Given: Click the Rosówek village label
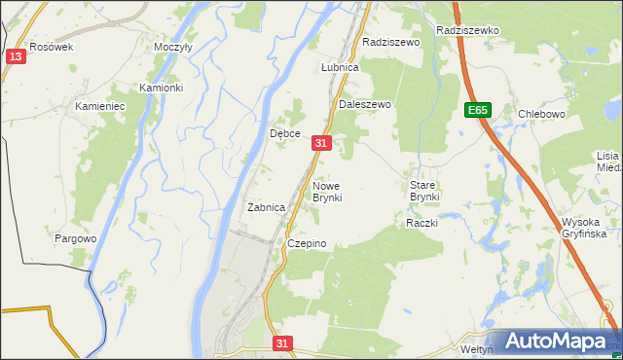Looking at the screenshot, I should pos(52,47).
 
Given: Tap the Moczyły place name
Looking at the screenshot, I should pos(173,47).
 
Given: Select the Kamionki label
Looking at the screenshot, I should pos(161,88).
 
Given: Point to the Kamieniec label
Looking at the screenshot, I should pos(101,104).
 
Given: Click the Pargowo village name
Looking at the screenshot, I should pos(75,238).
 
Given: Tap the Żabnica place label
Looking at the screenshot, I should pos(266,207).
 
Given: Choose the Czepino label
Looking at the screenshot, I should pos(306,243).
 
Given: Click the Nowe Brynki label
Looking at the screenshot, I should pos(327,191).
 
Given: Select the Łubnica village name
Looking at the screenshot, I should pos(340,68).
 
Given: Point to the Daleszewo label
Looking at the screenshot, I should pos(364,104).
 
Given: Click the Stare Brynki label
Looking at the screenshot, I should pos(424,191).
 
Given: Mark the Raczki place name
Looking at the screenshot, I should pos(421,223).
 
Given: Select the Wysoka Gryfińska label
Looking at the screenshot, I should pos(584,228).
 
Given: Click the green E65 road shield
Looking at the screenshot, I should pos(477,110).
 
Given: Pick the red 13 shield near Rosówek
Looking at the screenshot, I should pos(14,57).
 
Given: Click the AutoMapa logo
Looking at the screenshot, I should pos(555,342).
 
